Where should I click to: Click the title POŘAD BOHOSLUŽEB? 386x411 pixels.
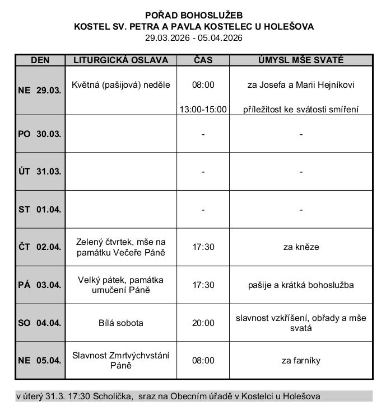(x=194, y=15)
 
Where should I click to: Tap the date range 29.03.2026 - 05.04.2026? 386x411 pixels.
(x=194, y=37)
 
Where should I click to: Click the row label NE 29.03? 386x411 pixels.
(x=40, y=91)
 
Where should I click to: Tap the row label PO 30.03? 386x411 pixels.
(x=40, y=134)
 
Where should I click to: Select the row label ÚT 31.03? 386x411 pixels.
(x=40, y=172)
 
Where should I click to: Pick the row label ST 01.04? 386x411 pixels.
(x=40, y=210)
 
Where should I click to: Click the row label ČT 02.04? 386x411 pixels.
(x=40, y=247)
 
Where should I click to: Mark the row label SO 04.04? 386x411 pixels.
(x=40, y=323)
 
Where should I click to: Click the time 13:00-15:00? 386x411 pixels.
(x=203, y=110)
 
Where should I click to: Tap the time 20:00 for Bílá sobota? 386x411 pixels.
(x=203, y=323)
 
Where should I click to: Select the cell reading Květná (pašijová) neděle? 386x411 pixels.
(x=120, y=85)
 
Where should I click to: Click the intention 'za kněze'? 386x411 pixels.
(x=301, y=247)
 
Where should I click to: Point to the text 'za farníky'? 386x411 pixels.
(x=301, y=361)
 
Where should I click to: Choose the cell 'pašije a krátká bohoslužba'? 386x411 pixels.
(x=301, y=285)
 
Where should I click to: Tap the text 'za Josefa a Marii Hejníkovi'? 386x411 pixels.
(x=301, y=85)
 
